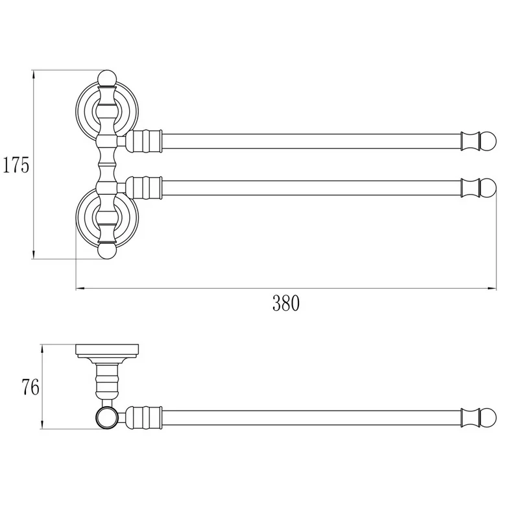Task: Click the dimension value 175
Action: pyautogui.click(x=16, y=165)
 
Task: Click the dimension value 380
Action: pyautogui.click(x=286, y=303)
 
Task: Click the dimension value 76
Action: pyautogui.click(x=30, y=387)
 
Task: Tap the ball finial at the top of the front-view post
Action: pyautogui.click(x=108, y=78)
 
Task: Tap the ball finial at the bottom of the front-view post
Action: pyautogui.click(x=108, y=251)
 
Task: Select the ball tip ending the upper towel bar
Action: pyautogui.click(x=489, y=141)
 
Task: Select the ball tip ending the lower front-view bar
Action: pyautogui.click(x=489, y=187)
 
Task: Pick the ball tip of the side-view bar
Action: pyautogui.click(x=489, y=418)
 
